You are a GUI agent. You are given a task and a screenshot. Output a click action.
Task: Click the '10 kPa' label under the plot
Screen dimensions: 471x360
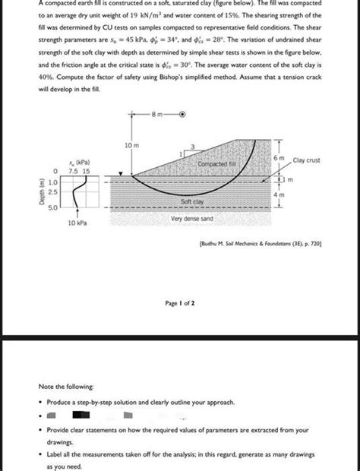[x=77, y=223]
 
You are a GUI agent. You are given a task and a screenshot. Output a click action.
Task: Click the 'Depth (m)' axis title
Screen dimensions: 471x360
[x=36, y=194]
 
